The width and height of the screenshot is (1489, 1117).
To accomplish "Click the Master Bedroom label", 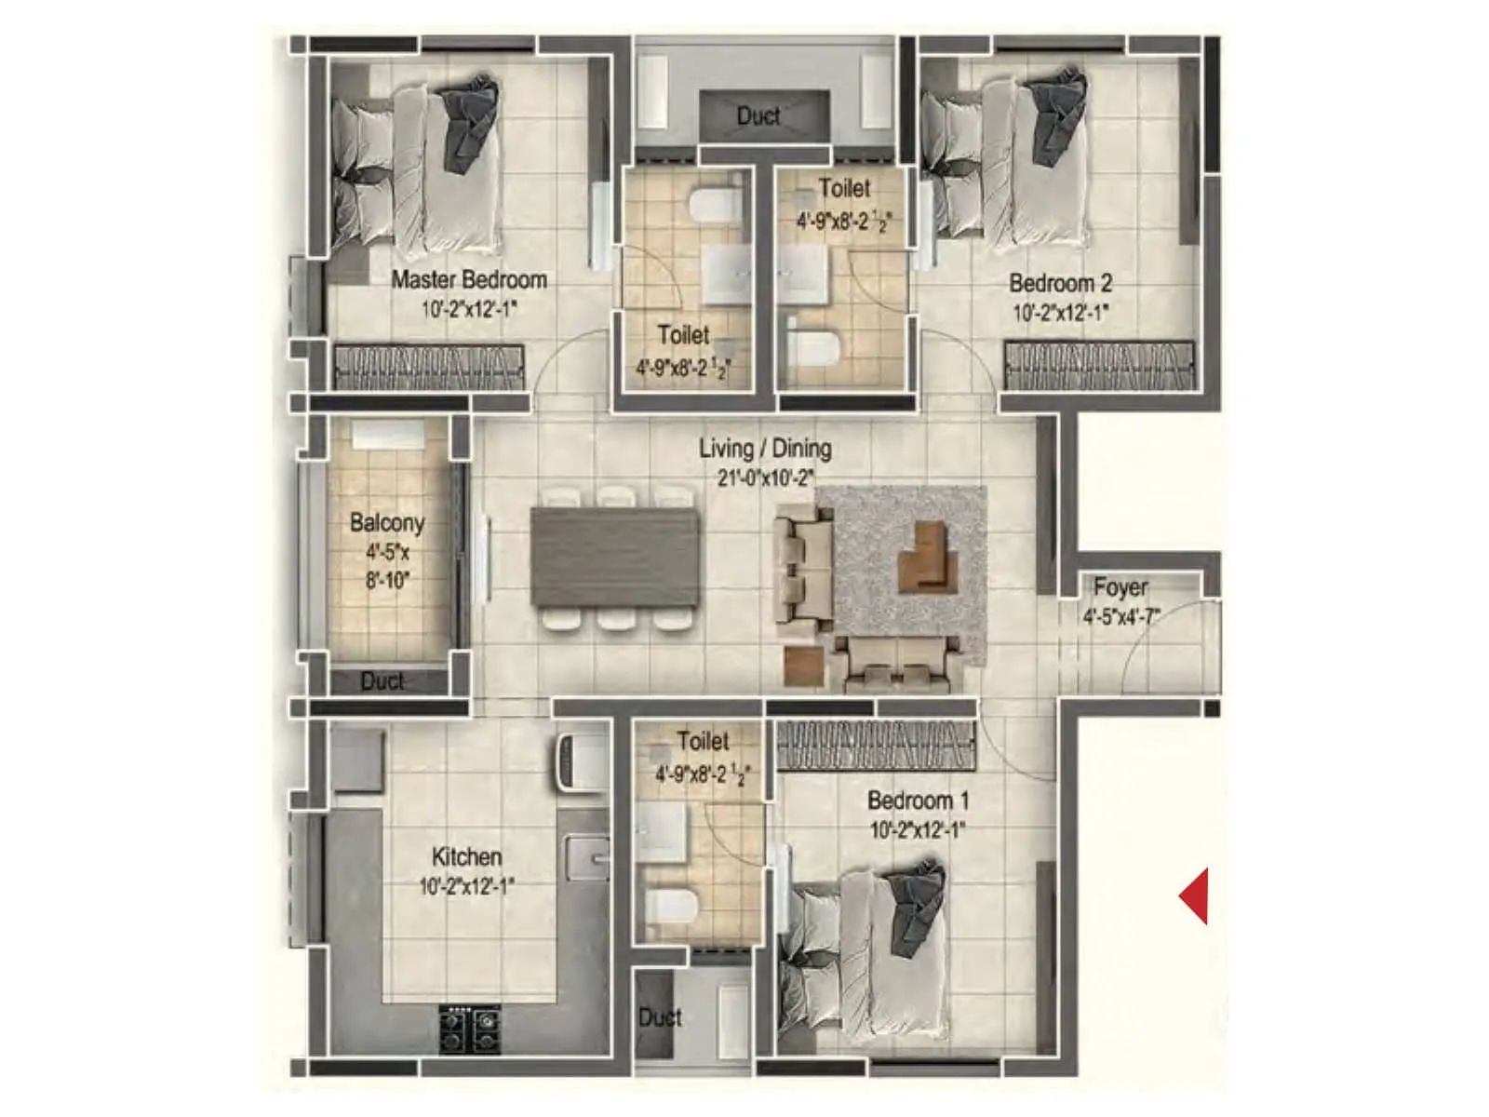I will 468,279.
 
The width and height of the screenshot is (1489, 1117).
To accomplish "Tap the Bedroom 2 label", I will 1060,283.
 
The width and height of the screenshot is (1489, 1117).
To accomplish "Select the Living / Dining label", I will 765,449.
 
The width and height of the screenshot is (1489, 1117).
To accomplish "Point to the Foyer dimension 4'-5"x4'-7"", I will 1120,616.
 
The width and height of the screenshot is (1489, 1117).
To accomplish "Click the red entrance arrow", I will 1194,895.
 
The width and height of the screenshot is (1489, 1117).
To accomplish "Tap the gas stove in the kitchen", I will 470,1027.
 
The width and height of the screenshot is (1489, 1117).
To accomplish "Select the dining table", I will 614,557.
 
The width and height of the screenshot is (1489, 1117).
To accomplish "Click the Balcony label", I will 387,523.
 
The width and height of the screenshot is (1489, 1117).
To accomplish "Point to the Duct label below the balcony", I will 382,681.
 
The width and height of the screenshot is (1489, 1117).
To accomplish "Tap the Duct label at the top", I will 758,116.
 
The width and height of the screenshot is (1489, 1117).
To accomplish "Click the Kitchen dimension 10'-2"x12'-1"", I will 466,886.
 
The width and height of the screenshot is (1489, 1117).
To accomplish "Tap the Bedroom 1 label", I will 918,801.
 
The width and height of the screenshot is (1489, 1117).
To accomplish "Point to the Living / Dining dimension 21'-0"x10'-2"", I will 765,478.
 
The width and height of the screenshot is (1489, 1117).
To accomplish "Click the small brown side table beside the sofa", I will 804,666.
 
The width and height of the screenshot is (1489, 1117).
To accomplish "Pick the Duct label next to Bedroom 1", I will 660,1017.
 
